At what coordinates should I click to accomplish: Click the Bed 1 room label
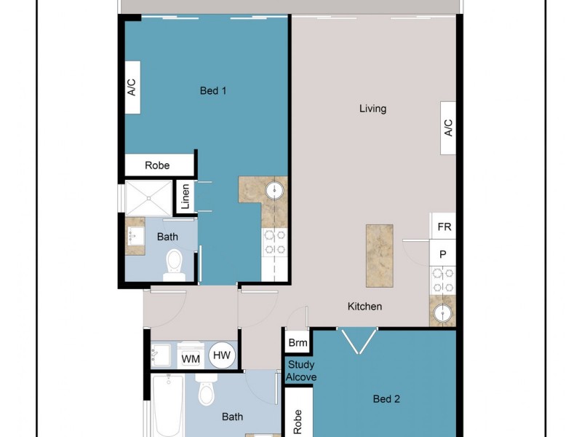[213, 91]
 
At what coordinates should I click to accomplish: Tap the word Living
[372, 109]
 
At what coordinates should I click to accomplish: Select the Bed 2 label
[386, 398]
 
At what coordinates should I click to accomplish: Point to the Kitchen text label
[364, 307]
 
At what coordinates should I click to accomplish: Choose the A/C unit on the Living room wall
[448, 128]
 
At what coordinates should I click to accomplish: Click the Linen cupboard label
[186, 197]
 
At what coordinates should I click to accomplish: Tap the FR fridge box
[444, 227]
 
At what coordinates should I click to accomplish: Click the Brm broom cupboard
[297, 342]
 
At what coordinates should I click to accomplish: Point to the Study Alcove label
[300, 371]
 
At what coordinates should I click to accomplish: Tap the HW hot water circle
[222, 356]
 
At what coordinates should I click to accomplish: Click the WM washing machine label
[191, 358]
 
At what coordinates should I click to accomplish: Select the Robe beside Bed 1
[158, 165]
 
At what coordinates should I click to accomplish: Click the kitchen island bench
[378, 255]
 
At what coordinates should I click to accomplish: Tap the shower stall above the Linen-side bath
[148, 198]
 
